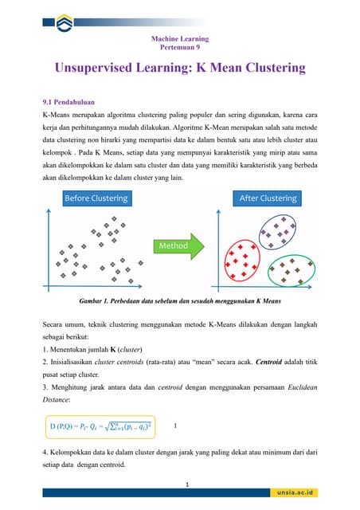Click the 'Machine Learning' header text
(179, 38)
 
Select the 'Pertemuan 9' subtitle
(179, 48)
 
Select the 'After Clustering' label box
(268, 198)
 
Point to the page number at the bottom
(186, 484)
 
